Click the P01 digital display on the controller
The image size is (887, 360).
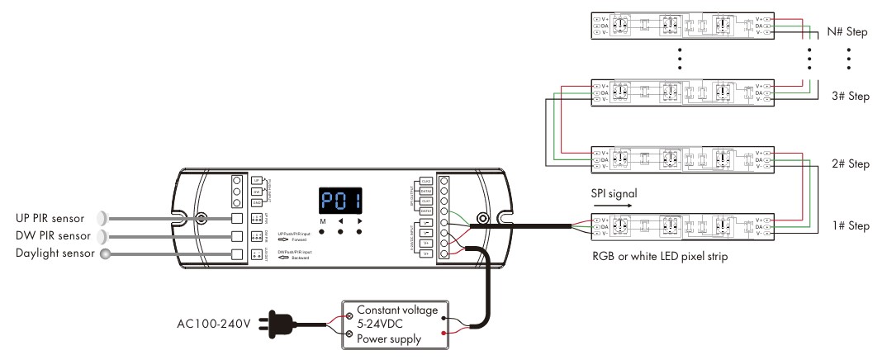[x=340, y=200]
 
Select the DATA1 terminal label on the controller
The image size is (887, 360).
[x=427, y=211]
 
